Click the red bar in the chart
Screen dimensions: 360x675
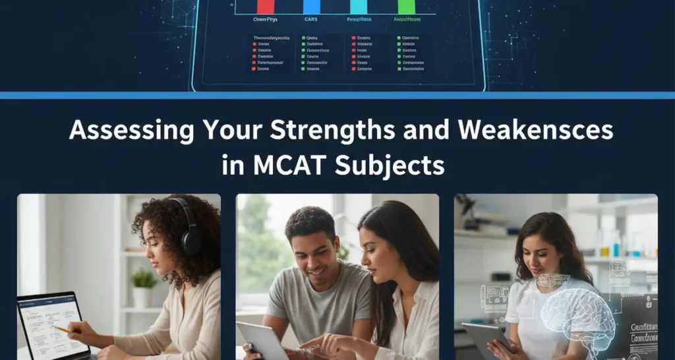[x=266, y=7]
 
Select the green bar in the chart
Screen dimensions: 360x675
[x=407, y=7]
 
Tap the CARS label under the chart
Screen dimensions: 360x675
[x=310, y=20]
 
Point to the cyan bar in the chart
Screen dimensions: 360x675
[x=359, y=7]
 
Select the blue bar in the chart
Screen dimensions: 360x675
[x=311, y=7]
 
